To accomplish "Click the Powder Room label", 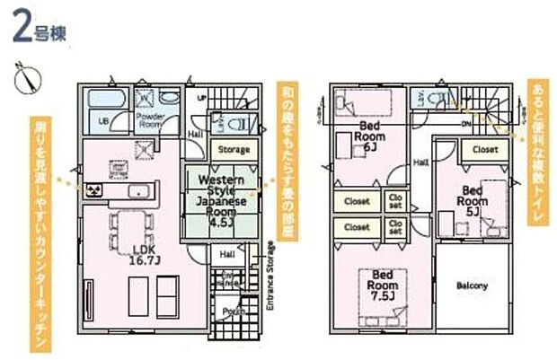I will click(149, 120).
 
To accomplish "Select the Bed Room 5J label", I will click(476, 196).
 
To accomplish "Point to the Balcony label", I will click(472, 286).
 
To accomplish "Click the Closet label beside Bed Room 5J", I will click(485, 150).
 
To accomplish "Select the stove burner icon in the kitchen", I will click(93, 189).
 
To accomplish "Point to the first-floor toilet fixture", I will click(231, 124).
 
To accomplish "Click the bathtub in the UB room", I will click(107, 97).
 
